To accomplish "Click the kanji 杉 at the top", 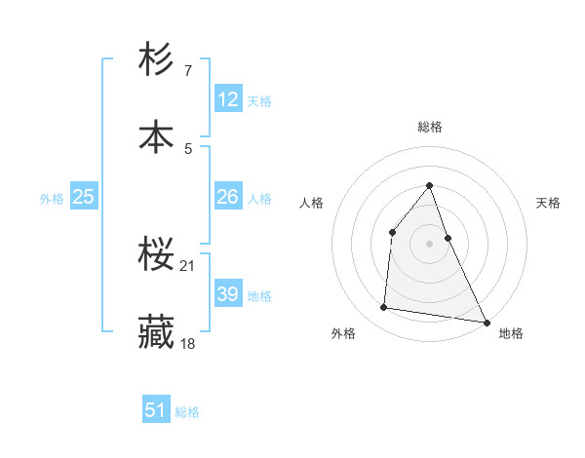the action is click(x=157, y=60).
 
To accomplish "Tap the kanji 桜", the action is click(x=157, y=256).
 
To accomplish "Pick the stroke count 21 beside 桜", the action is click(x=188, y=266).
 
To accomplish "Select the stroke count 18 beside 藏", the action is click(x=188, y=343).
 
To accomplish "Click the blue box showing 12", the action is click(x=228, y=99).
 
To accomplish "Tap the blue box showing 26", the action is click(x=228, y=197).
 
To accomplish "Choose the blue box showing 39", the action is click(x=228, y=294).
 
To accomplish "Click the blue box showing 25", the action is click(x=83, y=197).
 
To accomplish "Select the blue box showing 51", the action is click(x=156, y=410).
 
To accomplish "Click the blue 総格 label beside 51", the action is click(x=187, y=412).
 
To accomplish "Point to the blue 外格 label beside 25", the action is click(x=52, y=199).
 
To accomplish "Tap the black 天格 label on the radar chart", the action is click(x=549, y=203).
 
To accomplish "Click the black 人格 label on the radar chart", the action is click(x=311, y=203).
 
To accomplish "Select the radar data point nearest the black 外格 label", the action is click(x=384, y=308).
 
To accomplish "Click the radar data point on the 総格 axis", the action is click(x=429, y=185).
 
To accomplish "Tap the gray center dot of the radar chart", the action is click(x=429, y=244).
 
